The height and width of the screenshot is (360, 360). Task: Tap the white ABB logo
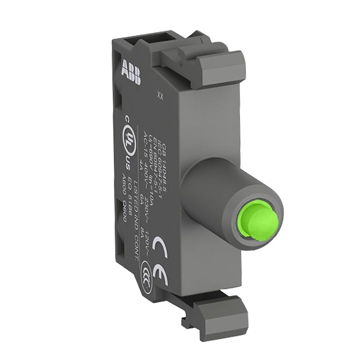click(131, 71)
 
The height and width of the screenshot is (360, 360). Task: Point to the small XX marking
click(160, 94)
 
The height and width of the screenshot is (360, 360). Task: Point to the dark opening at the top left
click(130, 44)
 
